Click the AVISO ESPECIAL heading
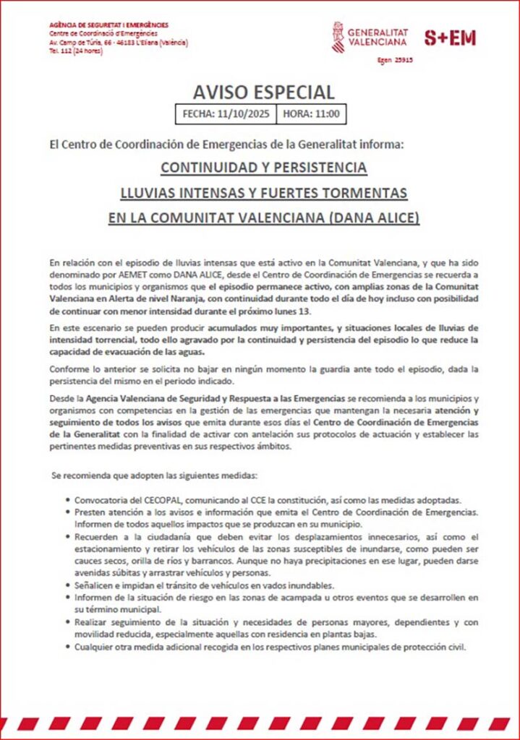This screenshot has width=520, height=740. (264, 92)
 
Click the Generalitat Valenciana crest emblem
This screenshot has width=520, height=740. (337, 37)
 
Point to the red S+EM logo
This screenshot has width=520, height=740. (449, 38)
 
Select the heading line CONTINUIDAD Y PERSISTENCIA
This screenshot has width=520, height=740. (264, 168)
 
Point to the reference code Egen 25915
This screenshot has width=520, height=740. (396, 61)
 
